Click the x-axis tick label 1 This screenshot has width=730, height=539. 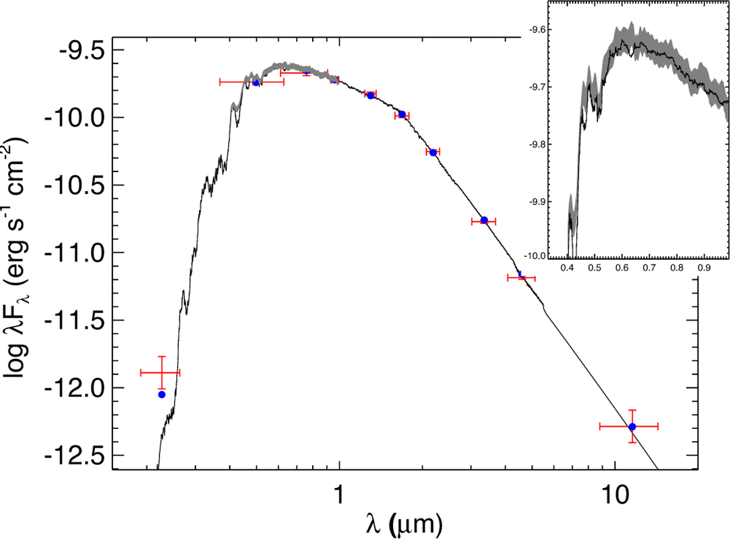339,492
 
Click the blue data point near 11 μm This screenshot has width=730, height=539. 632,426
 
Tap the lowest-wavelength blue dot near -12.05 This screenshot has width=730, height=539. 162,395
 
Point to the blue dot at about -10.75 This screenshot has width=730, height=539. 484,220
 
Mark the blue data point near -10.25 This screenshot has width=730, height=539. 433,152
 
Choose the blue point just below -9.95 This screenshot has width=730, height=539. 401,114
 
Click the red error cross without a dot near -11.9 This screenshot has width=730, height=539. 161,372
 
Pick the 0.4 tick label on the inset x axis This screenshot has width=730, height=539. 568,267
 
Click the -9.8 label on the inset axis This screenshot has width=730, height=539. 538,144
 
